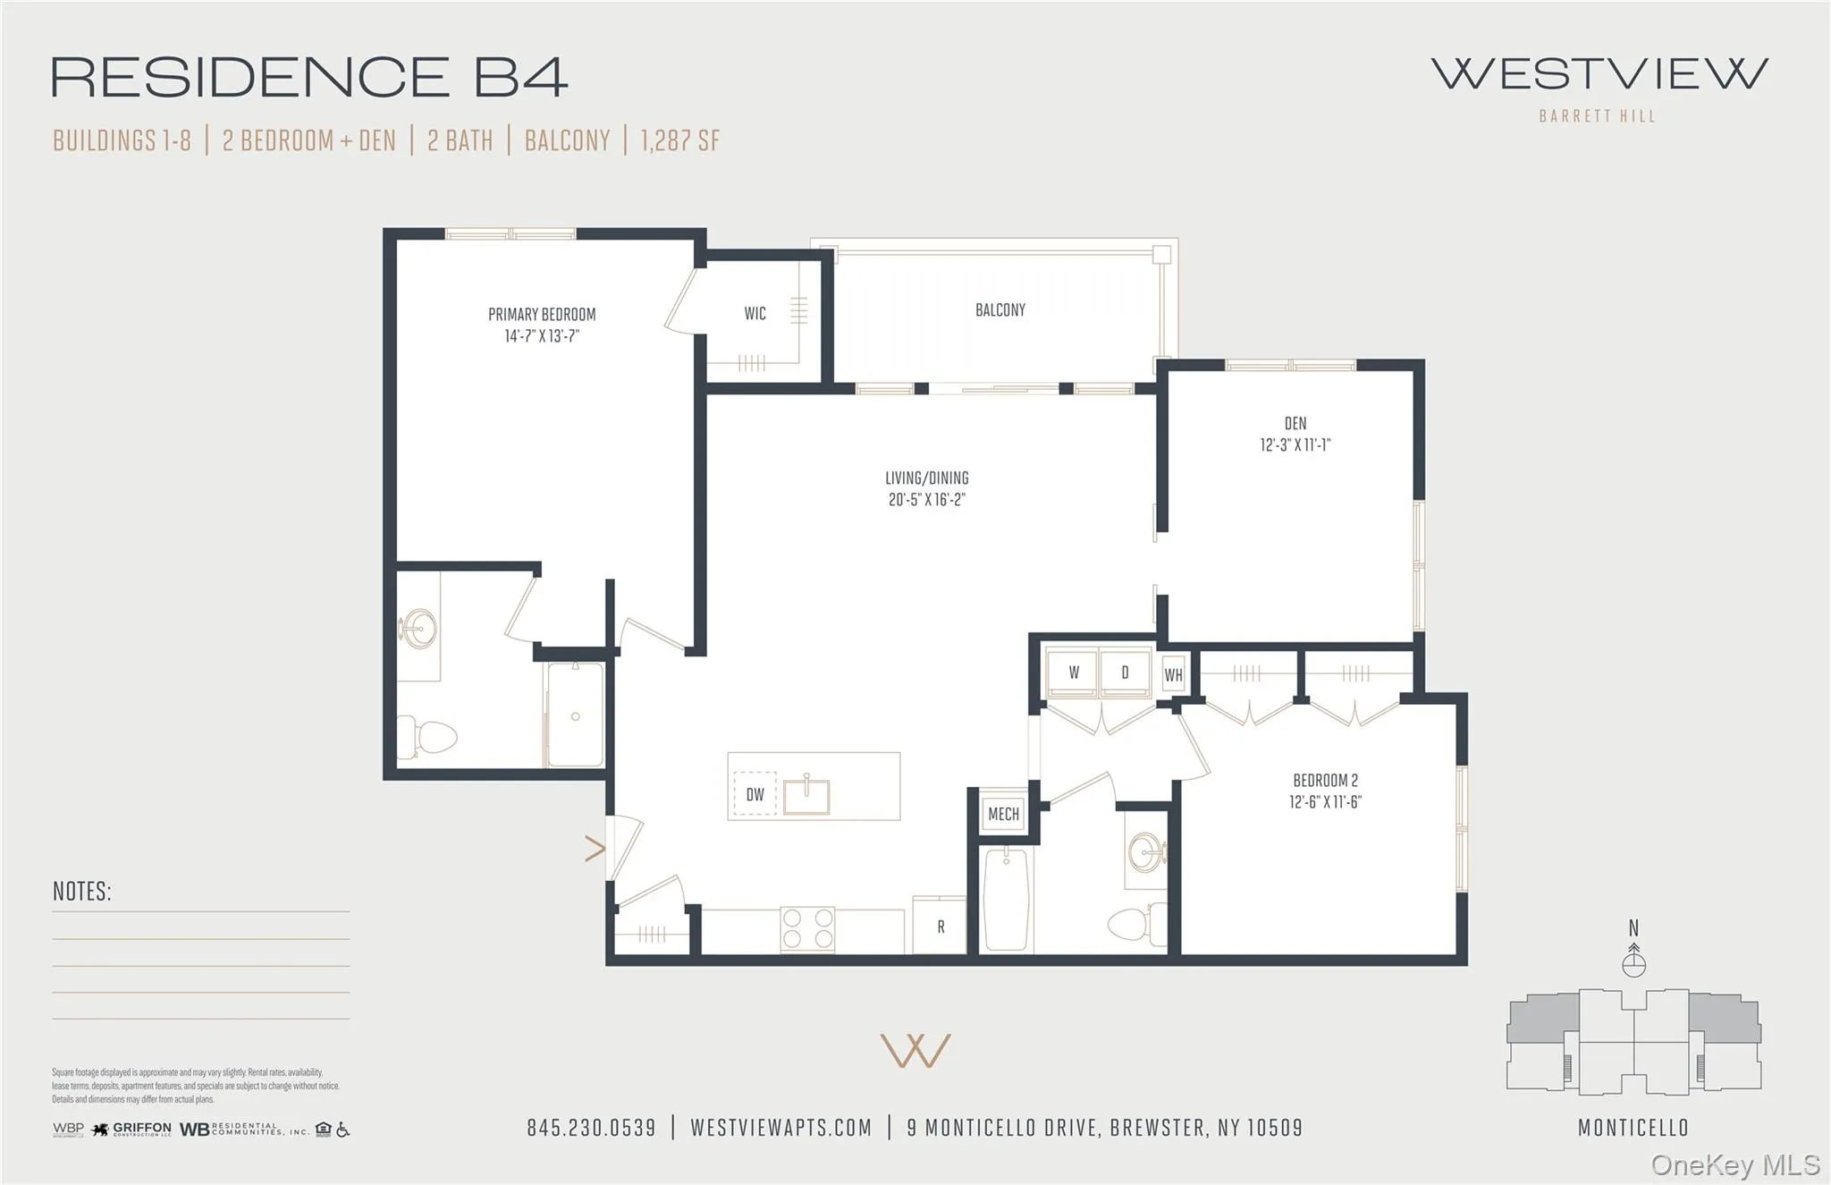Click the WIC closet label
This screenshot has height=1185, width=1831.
(755, 313)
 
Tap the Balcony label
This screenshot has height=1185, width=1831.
(1000, 310)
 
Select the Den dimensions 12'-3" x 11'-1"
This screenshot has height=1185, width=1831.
(1295, 445)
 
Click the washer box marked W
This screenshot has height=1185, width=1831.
(1073, 673)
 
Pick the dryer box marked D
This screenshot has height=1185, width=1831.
(1125, 673)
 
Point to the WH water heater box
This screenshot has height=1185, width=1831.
(1173, 675)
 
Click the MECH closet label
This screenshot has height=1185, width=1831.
(1003, 814)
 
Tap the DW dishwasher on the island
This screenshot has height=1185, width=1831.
(755, 794)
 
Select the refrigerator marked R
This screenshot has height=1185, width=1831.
(940, 927)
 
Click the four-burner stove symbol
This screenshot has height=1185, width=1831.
(807, 928)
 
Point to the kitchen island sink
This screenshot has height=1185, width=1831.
(806, 795)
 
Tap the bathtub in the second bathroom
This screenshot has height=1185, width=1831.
(1006, 900)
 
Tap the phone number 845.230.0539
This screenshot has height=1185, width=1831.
(591, 1128)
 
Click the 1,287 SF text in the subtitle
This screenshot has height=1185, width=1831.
(679, 140)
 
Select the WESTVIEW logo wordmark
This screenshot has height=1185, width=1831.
(1599, 74)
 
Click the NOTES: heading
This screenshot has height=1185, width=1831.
(81, 892)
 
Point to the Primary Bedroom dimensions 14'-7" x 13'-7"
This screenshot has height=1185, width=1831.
(542, 336)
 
